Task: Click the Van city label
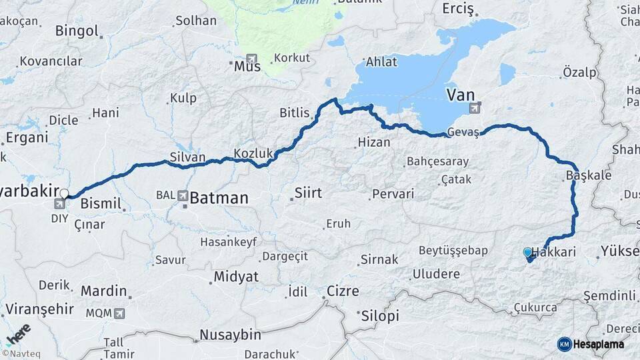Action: click(461, 94)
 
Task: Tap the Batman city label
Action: click(219, 198)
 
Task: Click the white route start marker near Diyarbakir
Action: click(64, 193)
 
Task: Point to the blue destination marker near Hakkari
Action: click(528, 253)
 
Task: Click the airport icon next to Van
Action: click(475, 107)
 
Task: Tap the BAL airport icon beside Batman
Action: click(183, 195)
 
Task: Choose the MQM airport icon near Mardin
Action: click(119, 313)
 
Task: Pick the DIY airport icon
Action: click(59, 203)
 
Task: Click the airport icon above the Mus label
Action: click(252, 58)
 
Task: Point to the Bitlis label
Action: click(295, 113)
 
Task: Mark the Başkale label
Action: click(579, 175)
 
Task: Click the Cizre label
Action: click(343, 291)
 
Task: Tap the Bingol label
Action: click(77, 31)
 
